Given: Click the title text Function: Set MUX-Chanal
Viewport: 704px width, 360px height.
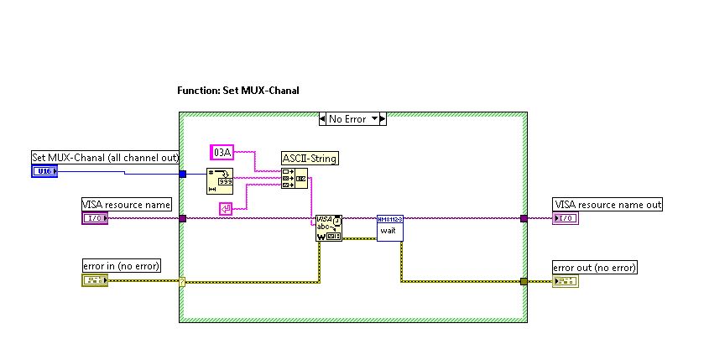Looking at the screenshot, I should [x=238, y=90].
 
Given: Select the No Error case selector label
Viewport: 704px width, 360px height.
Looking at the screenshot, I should [x=347, y=119].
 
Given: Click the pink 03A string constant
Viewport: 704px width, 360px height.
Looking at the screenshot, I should [x=222, y=152].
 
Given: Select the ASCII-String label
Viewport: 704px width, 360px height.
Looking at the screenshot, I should [x=310, y=157].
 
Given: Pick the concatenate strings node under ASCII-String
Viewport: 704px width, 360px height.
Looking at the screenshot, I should [x=294, y=179].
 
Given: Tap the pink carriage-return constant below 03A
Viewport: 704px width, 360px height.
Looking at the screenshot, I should [x=225, y=208].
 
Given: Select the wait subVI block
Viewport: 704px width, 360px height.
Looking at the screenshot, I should [x=390, y=228].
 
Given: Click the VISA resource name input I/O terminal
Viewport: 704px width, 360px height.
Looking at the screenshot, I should [x=95, y=218].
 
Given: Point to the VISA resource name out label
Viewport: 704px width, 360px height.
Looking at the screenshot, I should [x=608, y=205].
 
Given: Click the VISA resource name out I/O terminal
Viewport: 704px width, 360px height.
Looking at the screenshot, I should [x=566, y=218].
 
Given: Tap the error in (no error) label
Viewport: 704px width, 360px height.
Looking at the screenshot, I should [x=121, y=266].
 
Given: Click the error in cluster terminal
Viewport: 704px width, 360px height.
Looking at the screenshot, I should [x=94, y=280].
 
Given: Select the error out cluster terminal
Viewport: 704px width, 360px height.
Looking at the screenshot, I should [x=566, y=281].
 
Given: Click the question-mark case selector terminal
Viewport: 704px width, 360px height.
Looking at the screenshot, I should [x=182, y=281].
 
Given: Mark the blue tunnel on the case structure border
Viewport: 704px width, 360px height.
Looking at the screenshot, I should [x=182, y=174].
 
